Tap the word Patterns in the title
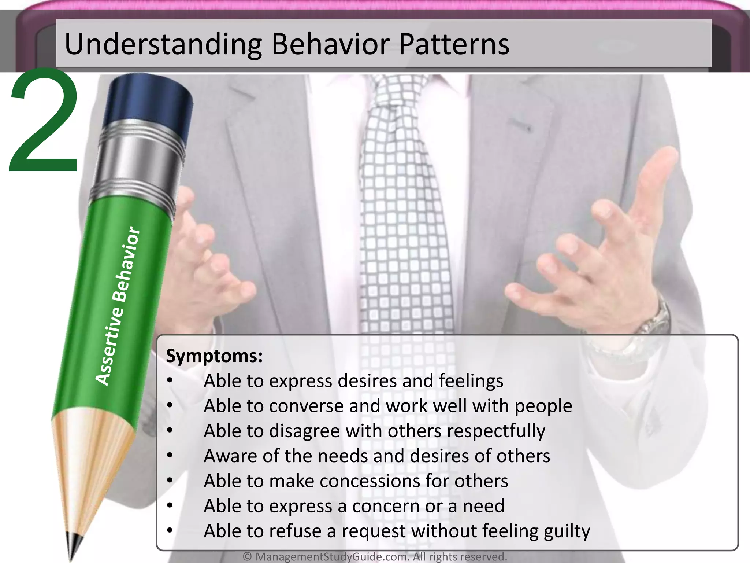click(x=454, y=45)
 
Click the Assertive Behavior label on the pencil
click(x=117, y=306)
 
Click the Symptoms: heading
click(x=214, y=356)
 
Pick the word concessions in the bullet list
click(x=370, y=481)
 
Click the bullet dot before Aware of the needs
click(x=169, y=456)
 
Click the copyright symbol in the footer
click(x=248, y=557)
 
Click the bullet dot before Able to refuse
click(x=169, y=531)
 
